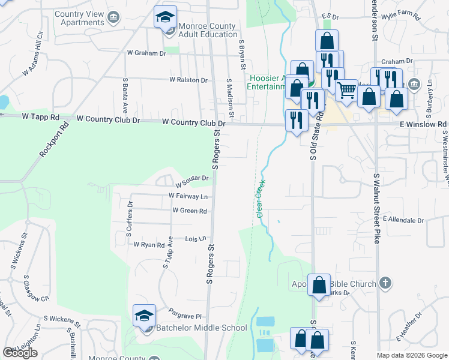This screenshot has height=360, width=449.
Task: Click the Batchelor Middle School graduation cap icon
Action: [145, 316]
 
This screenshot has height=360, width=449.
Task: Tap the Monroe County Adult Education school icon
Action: [165, 17]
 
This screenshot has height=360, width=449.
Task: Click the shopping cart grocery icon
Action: [346, 91]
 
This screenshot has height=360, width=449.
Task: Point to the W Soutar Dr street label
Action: [191, 178]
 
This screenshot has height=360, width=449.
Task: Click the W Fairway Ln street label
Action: [188, 196]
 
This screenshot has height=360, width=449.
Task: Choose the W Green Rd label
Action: [189, 211]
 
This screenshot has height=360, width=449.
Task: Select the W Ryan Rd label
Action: [149, 245]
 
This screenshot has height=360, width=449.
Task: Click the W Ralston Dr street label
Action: [188, 80]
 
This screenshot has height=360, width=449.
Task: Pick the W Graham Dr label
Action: [146, 53]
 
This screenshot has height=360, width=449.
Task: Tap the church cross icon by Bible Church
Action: [385, 283]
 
